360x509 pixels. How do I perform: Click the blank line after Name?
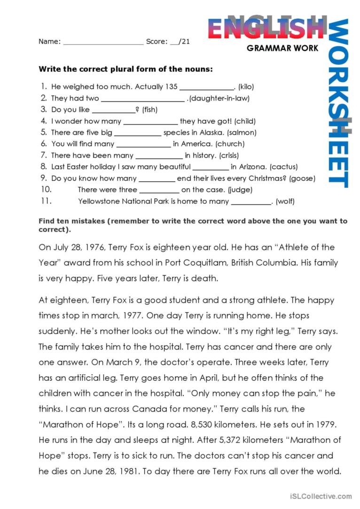pos(103,42)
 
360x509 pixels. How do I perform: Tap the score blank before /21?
pos(175,42)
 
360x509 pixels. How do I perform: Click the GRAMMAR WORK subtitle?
pos(282,48)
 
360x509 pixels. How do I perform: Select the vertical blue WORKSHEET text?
pos(338,103)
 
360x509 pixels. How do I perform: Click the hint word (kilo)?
pos(246,87)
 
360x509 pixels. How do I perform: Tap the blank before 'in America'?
pos(143,145)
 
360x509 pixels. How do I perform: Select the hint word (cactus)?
pos(284,167)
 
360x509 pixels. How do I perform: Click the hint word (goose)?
pos(302,178)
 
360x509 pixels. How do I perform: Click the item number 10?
pos(45,190)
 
